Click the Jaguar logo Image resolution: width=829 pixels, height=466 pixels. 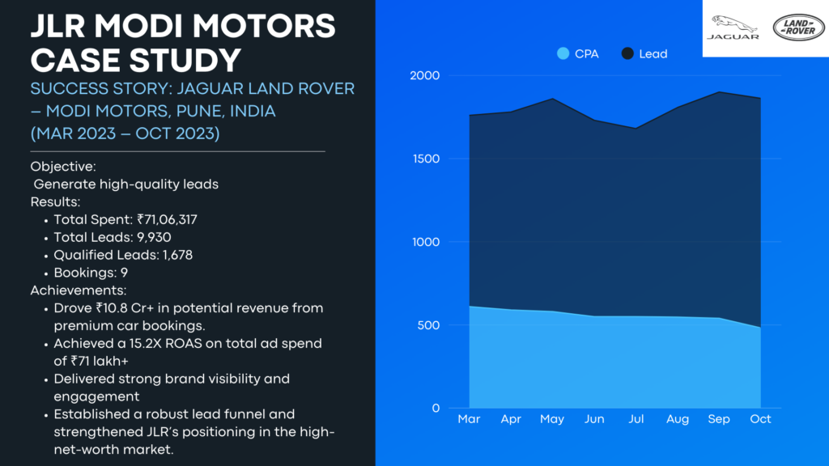coord(733,28)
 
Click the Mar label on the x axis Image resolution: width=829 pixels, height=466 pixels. coord(469,419)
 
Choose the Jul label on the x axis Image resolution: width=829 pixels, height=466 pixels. coord(636,419)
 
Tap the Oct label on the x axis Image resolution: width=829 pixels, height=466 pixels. coord(760,419)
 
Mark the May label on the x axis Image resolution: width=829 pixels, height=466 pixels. coord(552,419)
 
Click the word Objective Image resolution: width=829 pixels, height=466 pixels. coord(62,167)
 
